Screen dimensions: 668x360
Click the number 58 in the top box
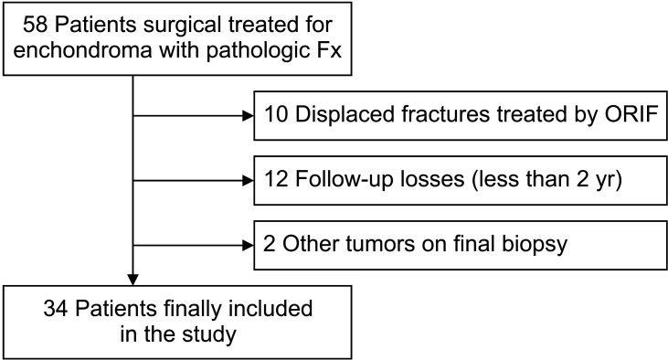click(35, 25)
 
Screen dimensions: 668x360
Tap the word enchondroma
click(82, 50)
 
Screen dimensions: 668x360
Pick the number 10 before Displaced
click(276, 114)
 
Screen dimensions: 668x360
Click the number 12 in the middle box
click(276, 179)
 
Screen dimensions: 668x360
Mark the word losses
click(432, 179)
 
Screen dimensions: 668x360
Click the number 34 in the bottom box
click(56, 309)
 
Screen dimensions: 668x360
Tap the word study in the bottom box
click(209, 335)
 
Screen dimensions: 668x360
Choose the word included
click(270, 309)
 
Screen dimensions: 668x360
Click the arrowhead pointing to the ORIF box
click(248, 115)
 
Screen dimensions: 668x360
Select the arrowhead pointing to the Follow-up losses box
click(248, 181)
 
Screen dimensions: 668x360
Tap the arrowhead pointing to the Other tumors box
click(248, 246)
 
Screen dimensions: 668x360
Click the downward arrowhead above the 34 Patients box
click(133, 280)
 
